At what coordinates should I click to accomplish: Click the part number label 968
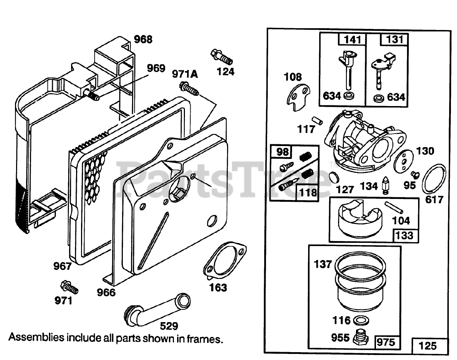[x=143, y=39]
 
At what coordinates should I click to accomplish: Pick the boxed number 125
[x=427, y=345]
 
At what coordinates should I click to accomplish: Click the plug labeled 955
[x=361, y=336]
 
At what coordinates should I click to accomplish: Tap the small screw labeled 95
[x=415, y=174]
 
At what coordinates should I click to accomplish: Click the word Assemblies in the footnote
[x=36, y=337]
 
